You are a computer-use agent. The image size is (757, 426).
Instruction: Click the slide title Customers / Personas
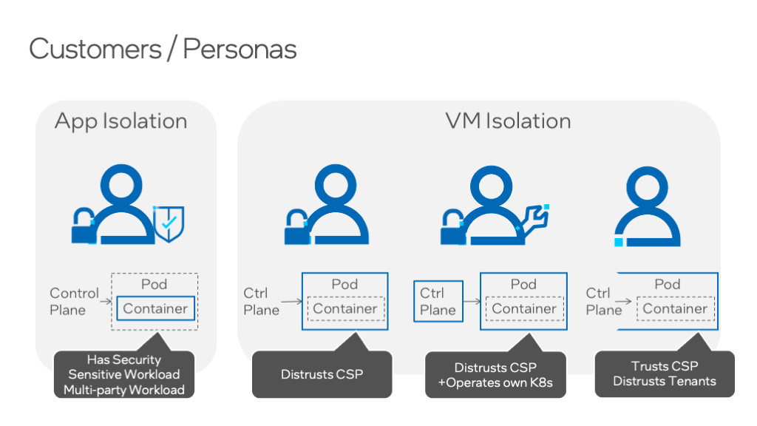coord(163,49)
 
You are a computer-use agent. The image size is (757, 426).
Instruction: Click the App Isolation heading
coord(120,121)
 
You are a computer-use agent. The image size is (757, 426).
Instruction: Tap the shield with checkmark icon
coord(169,221)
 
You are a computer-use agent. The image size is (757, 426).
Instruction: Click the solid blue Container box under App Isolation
coord(155,308)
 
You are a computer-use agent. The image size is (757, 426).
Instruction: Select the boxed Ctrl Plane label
coord(438,301)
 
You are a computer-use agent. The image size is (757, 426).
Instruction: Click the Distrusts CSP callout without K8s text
coord(322,374)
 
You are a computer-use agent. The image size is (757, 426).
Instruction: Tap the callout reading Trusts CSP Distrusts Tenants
coord(664,373)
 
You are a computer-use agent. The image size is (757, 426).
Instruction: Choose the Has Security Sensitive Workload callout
coord(124,374)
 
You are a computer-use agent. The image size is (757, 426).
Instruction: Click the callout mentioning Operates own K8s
coord(495,374)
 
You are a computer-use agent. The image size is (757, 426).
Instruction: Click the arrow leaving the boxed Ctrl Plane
coord(472,301)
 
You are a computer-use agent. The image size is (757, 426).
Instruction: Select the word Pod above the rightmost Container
coord(668,284)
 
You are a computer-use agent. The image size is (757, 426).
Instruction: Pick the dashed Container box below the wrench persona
coord(524,308)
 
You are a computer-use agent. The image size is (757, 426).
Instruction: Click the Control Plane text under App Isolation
coord(74,301)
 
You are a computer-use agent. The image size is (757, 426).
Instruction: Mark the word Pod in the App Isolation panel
coord(154,284)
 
